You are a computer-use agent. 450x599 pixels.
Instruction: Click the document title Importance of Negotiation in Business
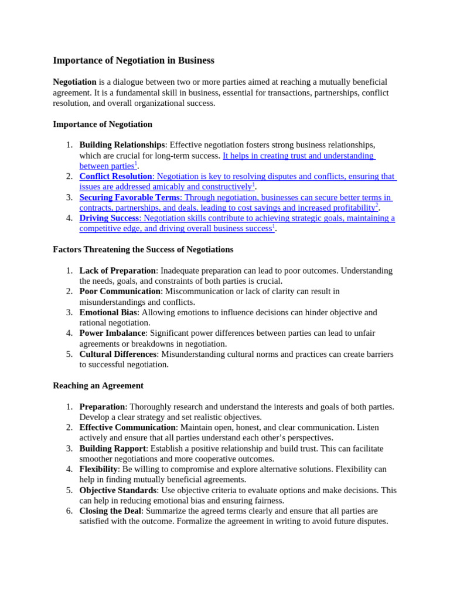pyautogui.click(x=134, y=60)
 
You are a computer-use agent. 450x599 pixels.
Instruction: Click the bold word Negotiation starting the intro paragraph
pyautogui.click(x=74, y=82)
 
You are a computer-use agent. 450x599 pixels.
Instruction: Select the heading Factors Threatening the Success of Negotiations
pyautogui.click(x=143, y=249)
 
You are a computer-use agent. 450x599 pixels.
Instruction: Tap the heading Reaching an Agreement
pyautogui.click(x=98, y=385)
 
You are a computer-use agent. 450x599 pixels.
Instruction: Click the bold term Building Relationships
pyautogui.click(x=122, y=144)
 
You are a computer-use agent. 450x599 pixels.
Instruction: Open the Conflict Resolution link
pyautogui.click(x=115, y=176)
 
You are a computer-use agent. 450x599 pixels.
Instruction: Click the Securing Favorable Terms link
pyautogui.click(x=129, y=197)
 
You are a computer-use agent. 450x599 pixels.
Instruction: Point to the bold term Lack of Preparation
pyautogui.click(x=117, y=270)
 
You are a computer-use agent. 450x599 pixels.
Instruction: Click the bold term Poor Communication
pyautogui.click(x=120, y=291)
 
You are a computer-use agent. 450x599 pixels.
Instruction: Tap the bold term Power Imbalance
pyautogui.click(x=112, y=333)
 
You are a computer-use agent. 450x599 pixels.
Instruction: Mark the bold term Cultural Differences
pyautogui.click(x=118, y=354)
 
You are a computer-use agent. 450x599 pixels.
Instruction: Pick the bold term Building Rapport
pyautogui.click(x=112, y=448)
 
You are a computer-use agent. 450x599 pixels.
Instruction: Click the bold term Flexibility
pyautogui.click(x=98, y=469)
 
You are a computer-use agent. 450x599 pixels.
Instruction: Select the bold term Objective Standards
pyautogui.click(x=118, y=490)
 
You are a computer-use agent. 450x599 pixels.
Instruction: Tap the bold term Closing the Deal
pyautogui.click(x=110, y=511)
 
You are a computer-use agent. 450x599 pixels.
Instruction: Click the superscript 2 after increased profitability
pyautogui.click(x=377, y=205)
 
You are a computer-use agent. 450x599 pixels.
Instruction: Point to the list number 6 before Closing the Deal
pyautogui.click(x=69, y=511)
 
